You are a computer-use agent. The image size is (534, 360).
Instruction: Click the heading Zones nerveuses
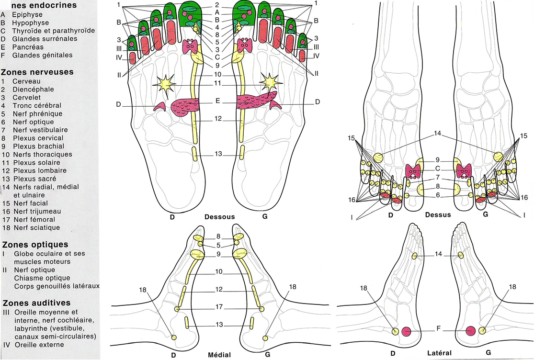(38, 72)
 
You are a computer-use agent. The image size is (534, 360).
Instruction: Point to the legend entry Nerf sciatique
(36, 227)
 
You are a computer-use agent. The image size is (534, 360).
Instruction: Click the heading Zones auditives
(36, 303)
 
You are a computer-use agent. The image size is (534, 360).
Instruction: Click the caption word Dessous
(219, 216)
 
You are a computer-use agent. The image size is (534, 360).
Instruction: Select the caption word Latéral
(439, 353)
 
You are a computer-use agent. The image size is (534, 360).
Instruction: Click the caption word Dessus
(438, 214)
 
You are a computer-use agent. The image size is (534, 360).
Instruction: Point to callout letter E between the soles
(218, 101)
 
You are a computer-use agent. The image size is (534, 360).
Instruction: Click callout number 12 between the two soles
(218, 119)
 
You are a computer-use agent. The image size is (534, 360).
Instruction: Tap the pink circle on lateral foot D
(407, 331)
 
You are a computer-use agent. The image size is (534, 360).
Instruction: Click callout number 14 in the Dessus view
(438, 134)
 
